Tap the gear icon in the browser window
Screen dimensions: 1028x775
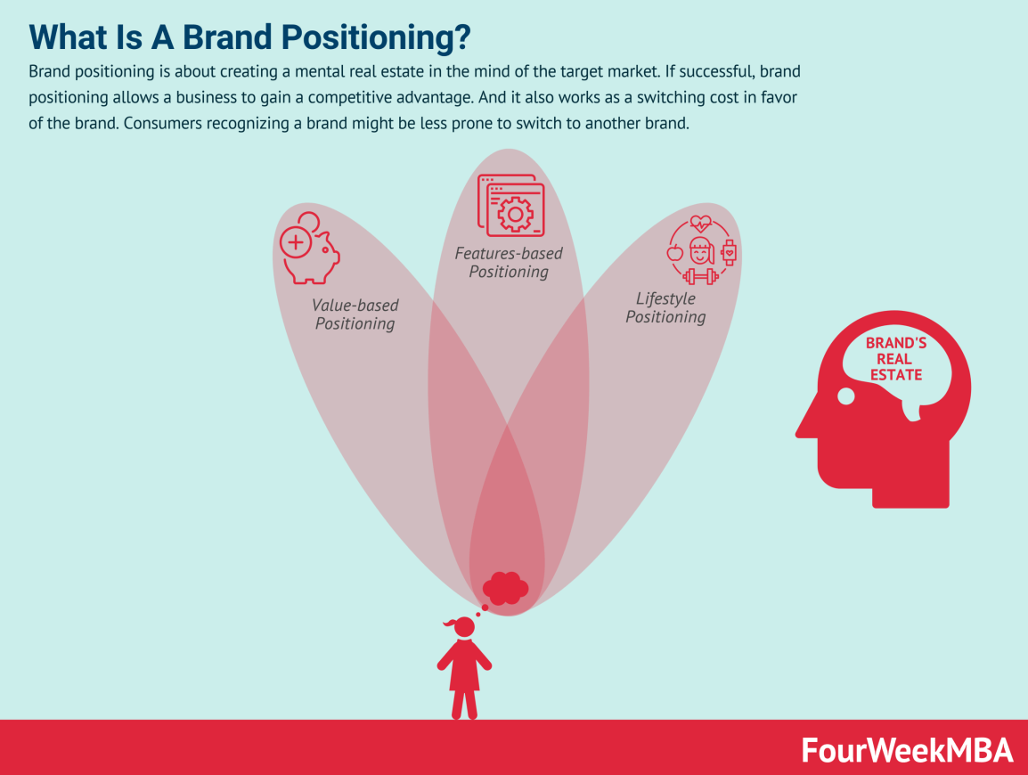514,214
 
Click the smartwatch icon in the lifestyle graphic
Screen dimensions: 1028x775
729,252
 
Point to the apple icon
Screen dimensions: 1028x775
675,252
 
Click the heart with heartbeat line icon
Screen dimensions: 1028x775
701,223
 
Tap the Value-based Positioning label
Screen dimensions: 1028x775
355,314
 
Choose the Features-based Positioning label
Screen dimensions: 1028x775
509,262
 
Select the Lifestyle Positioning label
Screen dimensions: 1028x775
665,307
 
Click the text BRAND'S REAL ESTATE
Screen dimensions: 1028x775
893,359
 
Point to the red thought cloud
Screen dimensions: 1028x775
505,587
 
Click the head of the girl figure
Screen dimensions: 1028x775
464,627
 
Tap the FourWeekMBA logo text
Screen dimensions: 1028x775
907,750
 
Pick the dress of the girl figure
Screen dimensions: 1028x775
464,668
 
